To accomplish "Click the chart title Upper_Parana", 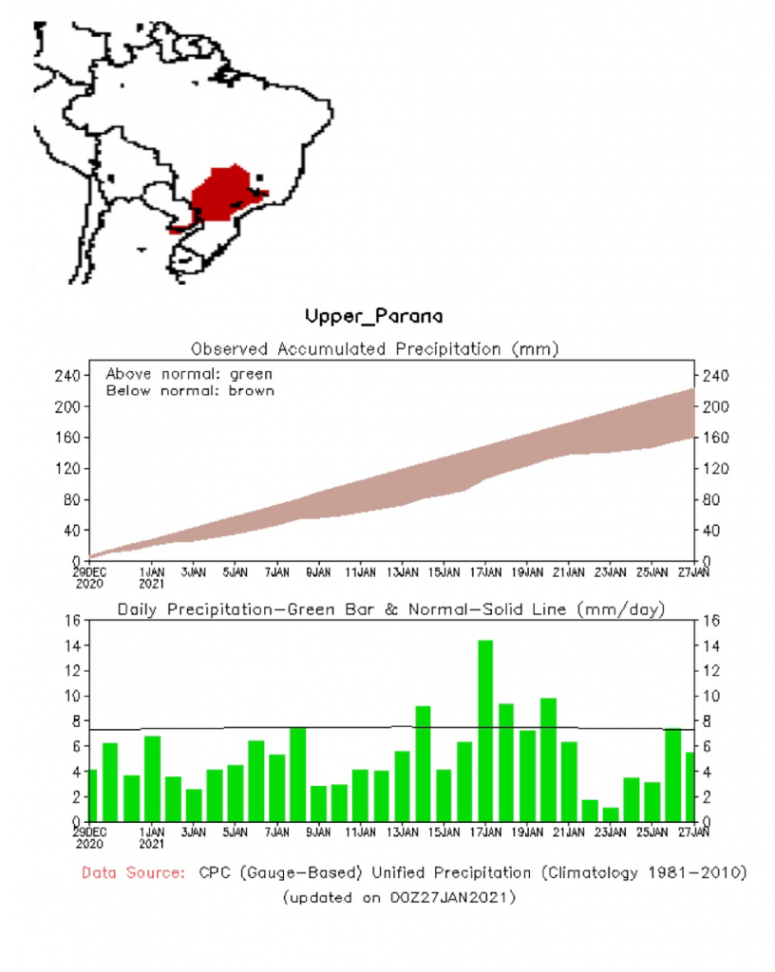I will click(x=373, y=315).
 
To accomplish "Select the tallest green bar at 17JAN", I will click(x=485, y=731).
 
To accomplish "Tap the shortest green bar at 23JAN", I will click(x=611, y=814).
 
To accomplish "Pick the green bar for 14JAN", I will click(x=423, y=764).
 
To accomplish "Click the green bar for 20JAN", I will click(x=548, y=759).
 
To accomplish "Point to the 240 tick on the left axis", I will click(x=66, y=376).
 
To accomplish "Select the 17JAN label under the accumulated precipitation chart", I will click(x=485, y=572).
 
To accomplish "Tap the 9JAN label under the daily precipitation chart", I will click(x=318, y=832).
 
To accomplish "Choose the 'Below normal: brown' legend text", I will click(x=190, y=390).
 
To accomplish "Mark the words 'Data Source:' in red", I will click(x=133, y=872).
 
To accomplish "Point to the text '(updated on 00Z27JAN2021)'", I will click(x=399, y=897).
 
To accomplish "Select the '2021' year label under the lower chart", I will click(x=152, y=843).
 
